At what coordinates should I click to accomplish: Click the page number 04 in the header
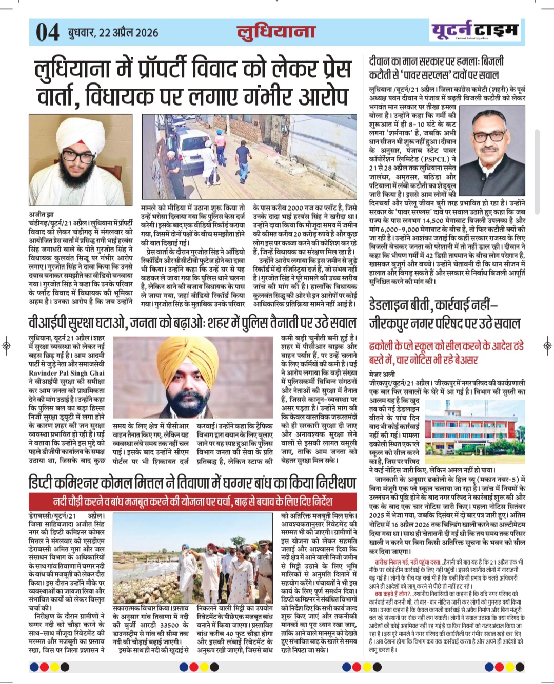click(x=48, y=32)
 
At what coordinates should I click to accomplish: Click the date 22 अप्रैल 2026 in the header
click(x=113, y=33)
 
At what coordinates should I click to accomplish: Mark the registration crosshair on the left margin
click(x=6, y=345)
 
